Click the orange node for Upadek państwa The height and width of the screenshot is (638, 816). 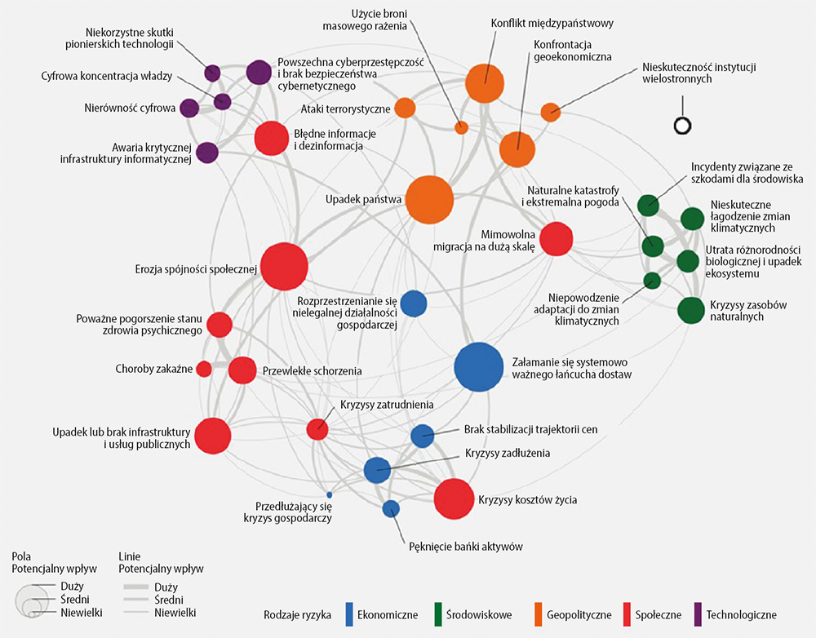(x=429, y=199)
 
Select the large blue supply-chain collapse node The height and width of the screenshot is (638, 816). (x=478, y=368)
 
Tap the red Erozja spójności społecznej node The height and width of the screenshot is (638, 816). (x=283, y=267)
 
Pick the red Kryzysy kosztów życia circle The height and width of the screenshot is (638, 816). (x=454, y=498)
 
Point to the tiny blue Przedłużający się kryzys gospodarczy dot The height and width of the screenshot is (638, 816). (x=329, y=494)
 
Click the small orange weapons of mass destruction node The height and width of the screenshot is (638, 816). (x=461, y=127)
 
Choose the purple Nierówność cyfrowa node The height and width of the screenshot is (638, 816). (x=189, y=108)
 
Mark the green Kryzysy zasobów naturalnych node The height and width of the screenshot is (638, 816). (x=690, y=310)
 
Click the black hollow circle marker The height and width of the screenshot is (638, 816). (x=681, y=126)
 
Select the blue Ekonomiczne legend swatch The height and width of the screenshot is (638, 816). (x=350, y=614)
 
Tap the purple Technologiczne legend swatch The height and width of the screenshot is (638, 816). (x=698, y=614)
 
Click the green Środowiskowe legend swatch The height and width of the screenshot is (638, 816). (x=437, y=614)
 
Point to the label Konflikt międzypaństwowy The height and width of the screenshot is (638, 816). (x=552, y=23)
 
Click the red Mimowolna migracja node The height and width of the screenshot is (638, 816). (x=557, y=238)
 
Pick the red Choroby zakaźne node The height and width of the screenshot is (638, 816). (x=204, y=369)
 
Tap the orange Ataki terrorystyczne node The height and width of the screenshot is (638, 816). (x=405, y=108)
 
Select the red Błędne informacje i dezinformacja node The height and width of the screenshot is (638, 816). (x=271, y=137)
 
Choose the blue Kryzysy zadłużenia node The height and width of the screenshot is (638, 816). (x=376, y=469)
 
